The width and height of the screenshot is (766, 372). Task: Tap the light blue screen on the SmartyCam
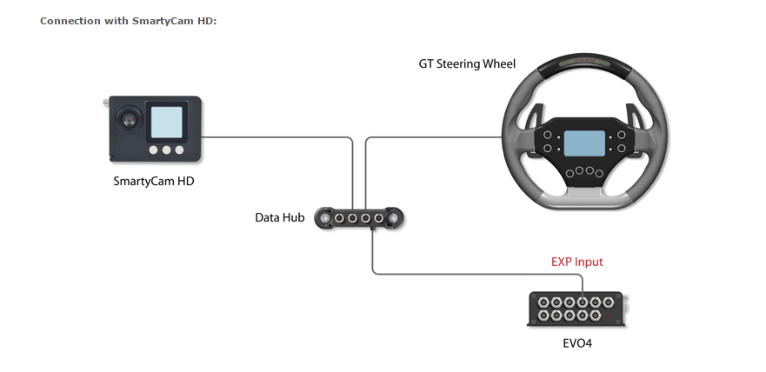[168, 123]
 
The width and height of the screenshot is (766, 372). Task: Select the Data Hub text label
[279, 217]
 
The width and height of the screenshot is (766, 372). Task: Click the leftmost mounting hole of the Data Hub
[324, 216]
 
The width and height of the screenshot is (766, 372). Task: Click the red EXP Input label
[576, 262]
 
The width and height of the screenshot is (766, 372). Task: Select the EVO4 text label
[577, 342]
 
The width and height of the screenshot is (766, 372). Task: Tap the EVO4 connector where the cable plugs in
[583, 300]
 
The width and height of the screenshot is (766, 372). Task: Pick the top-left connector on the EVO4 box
[543, 301]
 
